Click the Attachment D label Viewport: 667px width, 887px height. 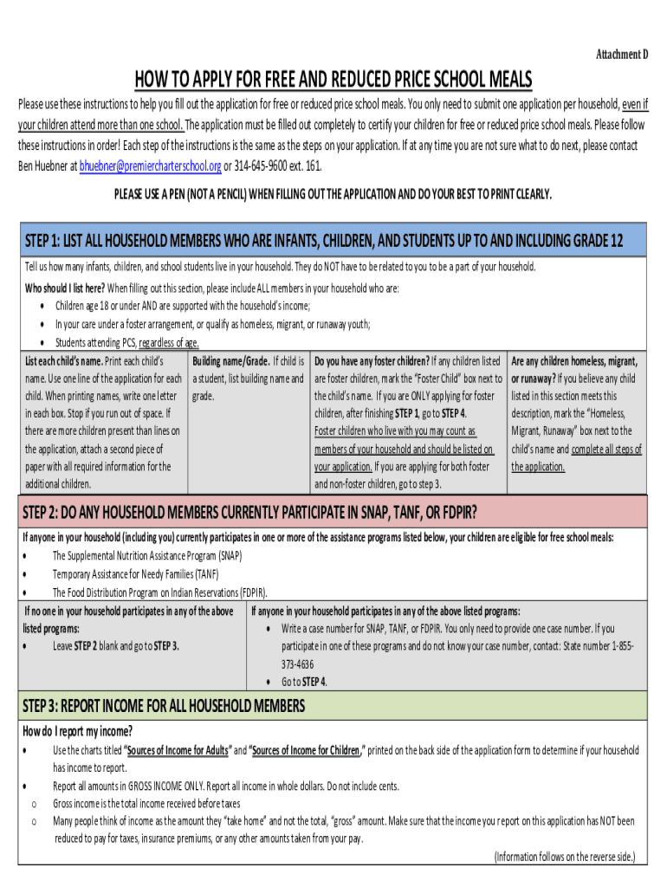point(621,55)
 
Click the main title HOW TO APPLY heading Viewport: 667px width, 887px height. point(333,80)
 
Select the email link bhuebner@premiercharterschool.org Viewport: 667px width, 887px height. point(150,166)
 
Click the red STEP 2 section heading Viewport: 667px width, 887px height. point(251,508)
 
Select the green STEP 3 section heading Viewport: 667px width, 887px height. point(164,704)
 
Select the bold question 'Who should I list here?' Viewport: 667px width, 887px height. point(64,288)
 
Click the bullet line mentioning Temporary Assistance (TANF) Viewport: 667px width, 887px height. point(135,574)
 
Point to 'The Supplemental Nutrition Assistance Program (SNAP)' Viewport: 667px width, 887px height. point(147,556)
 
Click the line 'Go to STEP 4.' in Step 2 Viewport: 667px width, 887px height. point(305,682)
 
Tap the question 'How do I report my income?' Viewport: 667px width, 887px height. point(77,730)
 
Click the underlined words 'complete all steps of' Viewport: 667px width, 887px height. point(605,449)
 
